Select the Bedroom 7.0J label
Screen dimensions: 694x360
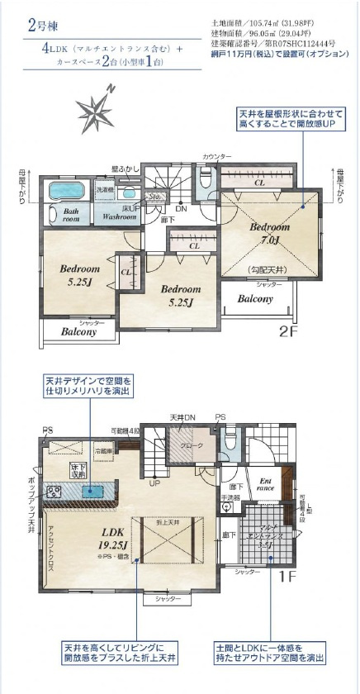271,234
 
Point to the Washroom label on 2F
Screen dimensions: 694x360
119,217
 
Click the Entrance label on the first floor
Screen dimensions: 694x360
266,483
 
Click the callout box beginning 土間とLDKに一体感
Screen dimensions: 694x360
269,653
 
